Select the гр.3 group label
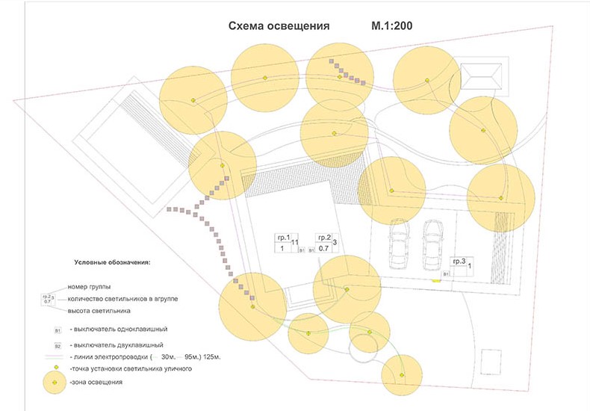458,261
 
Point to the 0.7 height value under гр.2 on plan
324,247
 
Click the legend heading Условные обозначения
113,263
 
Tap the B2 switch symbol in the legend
58,346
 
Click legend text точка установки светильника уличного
131,369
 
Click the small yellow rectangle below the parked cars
434,280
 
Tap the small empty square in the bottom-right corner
491,358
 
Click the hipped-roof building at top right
483,76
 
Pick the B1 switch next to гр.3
445,274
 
